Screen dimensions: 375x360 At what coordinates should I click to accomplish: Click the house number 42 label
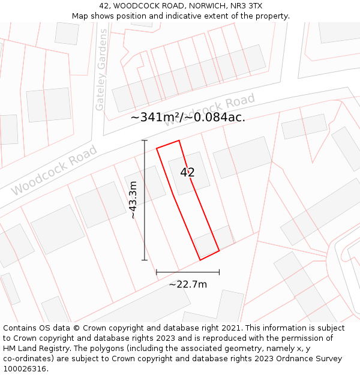[187, 172]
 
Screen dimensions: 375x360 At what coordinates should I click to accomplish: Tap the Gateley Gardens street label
[101, 71]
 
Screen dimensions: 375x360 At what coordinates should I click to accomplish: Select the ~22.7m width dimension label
[188, 284]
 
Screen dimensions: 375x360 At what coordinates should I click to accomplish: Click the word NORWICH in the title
[202, 6]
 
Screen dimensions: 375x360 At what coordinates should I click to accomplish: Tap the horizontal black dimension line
[188, 272]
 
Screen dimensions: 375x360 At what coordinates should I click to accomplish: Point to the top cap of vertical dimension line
[144, 140]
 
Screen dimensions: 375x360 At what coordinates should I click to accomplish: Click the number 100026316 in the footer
[26, 369]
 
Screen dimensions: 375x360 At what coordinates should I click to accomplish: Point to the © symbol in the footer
[77, 328]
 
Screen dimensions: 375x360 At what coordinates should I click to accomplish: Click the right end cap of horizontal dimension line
[219, 272]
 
